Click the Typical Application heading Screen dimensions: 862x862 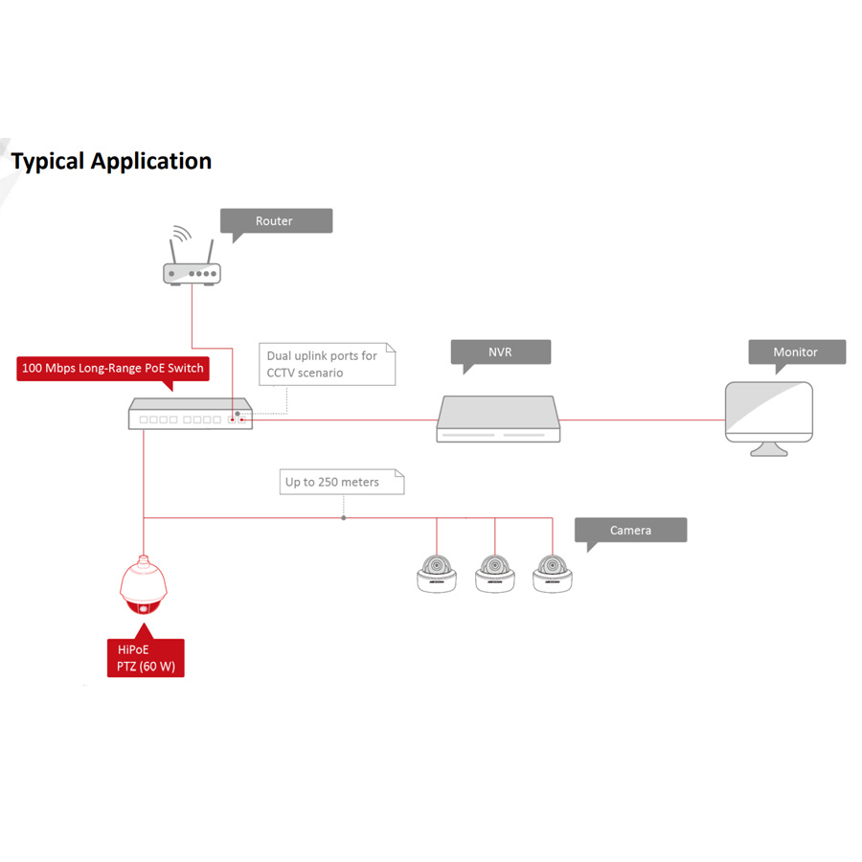(x=111, y=161)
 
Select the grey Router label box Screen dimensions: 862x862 (x=276, y=221)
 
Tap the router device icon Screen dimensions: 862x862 (x=192, y=273)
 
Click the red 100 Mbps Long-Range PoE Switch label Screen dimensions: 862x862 (x=112, y=369)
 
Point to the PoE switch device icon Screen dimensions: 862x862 (x=191, y=415)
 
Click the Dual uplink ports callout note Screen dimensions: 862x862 (x=327, y=364)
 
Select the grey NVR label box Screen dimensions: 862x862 (x=501, y=352)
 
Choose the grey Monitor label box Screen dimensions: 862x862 (x=796, y=352)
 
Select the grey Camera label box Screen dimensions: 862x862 (x=630, y=531)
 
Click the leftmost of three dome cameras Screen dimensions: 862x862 (x=437, y=574)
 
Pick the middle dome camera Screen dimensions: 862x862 (x=495, y=574)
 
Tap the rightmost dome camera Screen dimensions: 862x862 (x=553, y=574)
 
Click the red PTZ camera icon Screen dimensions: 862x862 (x=144, y=588)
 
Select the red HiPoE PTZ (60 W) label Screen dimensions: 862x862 (x=146, y=658)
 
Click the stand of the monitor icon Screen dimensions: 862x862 (x=769, y=448)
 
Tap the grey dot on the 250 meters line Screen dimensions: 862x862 (x=344, y=518)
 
